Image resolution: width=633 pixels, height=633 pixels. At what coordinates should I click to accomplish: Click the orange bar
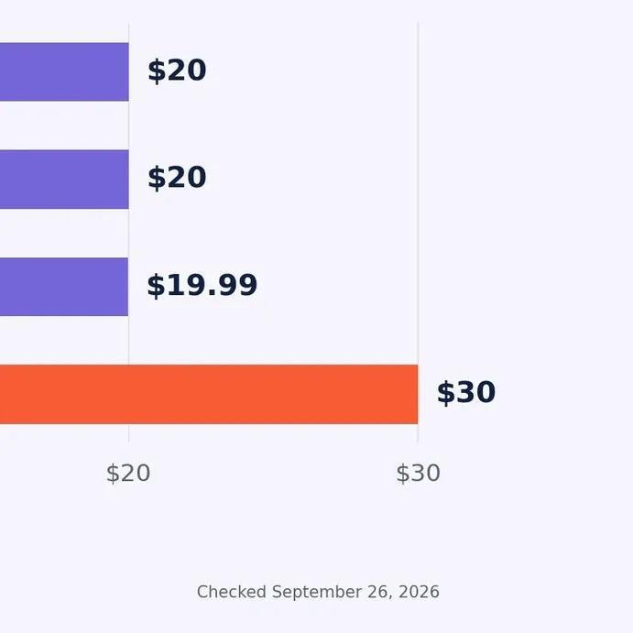(x=209, y=394)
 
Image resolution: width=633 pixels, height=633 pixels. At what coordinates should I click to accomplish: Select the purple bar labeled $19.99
(x=64, y=287)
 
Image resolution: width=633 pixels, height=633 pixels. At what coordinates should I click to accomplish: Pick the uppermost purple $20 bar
(x=64, y=71)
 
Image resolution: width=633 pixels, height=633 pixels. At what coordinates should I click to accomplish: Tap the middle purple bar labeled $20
(x=64, y=180)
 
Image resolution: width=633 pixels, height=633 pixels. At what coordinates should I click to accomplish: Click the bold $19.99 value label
(x=202, y=286)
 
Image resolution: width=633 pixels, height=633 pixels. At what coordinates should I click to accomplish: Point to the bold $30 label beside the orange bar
(x=466, y=392)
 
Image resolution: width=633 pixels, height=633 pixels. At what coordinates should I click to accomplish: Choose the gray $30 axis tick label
(x=418, y=473)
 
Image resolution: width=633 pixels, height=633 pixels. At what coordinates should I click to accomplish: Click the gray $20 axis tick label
(x=128, y=473)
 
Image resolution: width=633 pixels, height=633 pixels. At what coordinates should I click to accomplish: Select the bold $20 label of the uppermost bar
(x=177, y=71)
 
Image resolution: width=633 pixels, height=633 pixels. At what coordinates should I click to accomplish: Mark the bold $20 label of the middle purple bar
(x=177, y=178)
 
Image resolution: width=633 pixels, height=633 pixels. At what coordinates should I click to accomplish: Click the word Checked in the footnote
(x=232, y=592)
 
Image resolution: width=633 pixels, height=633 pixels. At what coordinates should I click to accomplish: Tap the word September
(x=317, y=593)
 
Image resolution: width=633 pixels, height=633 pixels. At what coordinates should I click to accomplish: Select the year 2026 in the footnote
(x=419, y=592)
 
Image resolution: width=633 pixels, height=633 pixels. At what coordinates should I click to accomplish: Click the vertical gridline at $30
(x=419, y=233)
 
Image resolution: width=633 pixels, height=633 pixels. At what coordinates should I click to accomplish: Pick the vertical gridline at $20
(x=129, y=233)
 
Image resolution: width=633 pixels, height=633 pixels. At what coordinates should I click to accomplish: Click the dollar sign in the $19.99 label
(x=156, y=286)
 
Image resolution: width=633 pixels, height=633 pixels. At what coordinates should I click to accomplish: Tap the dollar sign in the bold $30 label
(x=446, y=393)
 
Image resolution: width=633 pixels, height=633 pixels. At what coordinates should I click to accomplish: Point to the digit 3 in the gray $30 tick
(x=417, y=473)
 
